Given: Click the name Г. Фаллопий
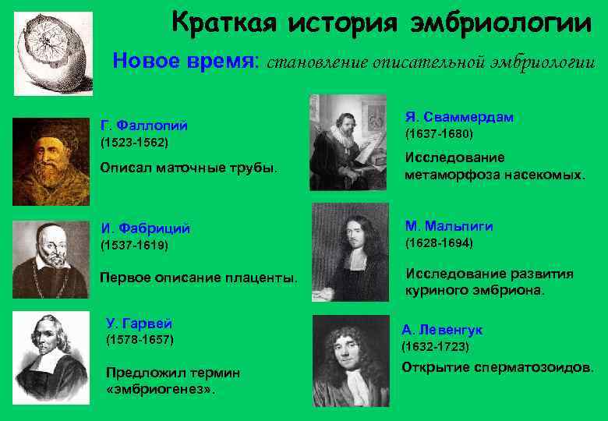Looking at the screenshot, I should coord(145,126).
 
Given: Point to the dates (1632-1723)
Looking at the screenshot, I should coord(436,345).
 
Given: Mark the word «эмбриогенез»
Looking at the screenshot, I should coord(160,388).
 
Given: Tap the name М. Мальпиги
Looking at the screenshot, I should coord(448,226).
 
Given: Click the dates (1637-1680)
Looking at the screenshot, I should coord(439,134).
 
